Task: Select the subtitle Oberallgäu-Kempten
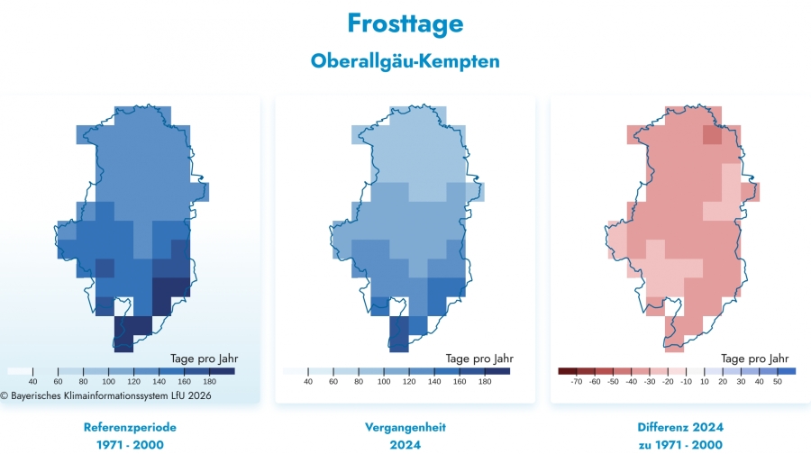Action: [405, 61]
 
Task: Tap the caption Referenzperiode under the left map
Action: [129, 427]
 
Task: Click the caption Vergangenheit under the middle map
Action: [405, 427]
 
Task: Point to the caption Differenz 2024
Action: [680, 427]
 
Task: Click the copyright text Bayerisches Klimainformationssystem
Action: [107, 395]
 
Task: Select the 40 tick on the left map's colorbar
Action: [32, 382]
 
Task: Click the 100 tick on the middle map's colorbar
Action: [385, 382]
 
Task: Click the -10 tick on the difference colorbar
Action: [687, 382]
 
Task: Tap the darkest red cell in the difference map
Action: [713, 136]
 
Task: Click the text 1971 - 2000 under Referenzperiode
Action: [129, 445]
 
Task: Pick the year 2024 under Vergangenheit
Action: [405, 445]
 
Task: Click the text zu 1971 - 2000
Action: [680, 445]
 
